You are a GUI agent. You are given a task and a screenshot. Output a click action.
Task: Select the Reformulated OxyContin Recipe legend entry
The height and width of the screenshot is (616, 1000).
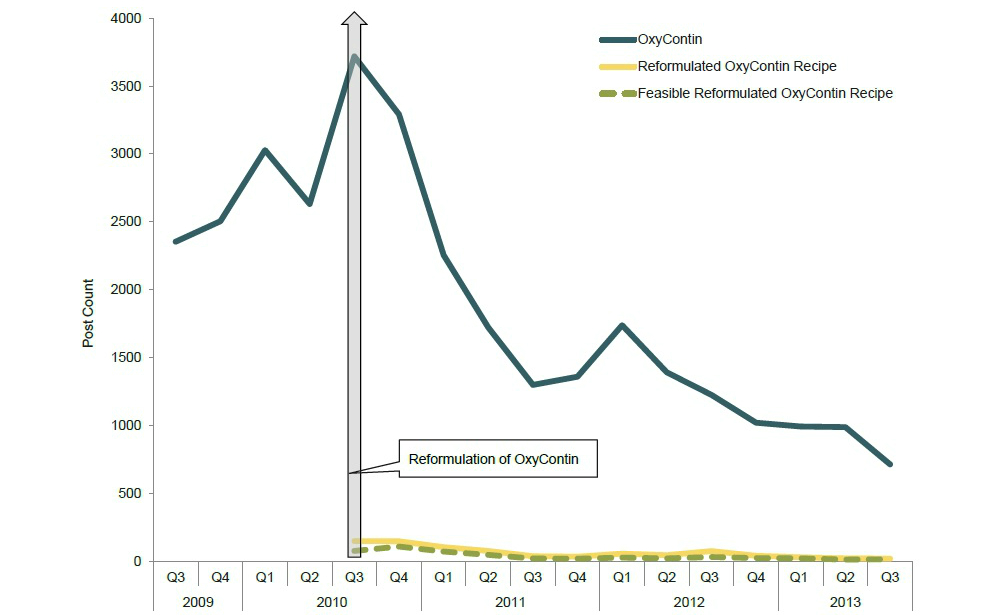coord(736,66)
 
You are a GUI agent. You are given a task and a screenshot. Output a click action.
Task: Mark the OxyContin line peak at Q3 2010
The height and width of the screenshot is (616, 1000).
coord(354,56)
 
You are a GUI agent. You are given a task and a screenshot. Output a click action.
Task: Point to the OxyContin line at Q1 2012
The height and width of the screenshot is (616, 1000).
coord(622,325)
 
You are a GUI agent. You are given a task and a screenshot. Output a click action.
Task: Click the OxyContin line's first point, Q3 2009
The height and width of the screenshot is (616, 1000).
coord(175,241)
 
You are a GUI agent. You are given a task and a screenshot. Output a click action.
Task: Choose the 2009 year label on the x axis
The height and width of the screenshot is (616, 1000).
coord(198,602)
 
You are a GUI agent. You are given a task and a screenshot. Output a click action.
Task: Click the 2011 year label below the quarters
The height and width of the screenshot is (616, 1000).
coord(510,602)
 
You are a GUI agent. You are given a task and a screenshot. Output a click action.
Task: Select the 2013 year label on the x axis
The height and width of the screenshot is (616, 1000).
coord(845,602)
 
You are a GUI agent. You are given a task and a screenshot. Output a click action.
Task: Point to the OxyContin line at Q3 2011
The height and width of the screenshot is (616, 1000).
coord(533,384)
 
